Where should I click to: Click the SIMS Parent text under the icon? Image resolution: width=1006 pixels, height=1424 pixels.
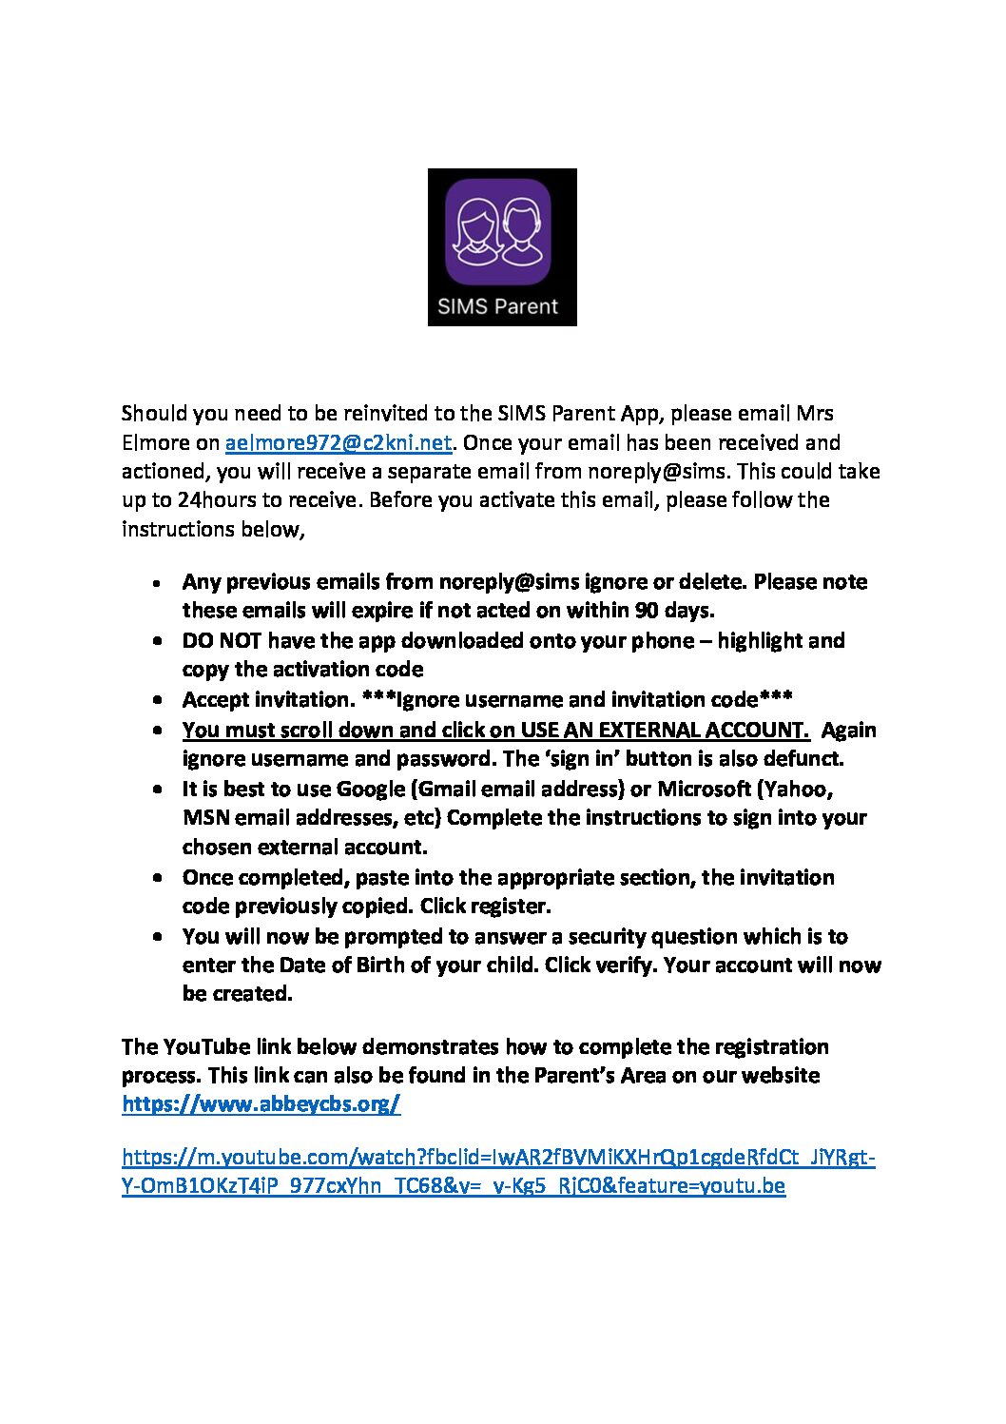coord(497,306)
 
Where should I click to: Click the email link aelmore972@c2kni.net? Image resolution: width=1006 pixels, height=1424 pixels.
coord(338,443)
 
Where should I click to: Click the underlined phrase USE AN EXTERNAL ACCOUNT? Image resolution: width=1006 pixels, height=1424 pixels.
coord(665,730)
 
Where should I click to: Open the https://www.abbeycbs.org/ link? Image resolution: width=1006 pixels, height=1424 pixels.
coord(261,1104)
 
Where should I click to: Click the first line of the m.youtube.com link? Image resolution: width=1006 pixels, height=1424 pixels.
coord(498,1158)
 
